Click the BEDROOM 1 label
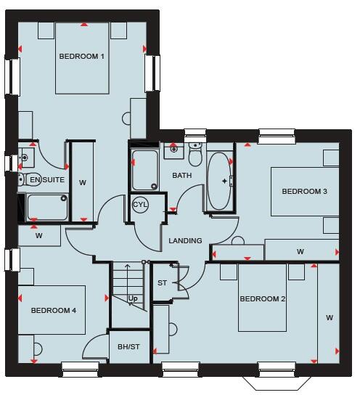pyautogui.click(x=83, y=56)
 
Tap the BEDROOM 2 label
pyautogui.click(x=262, y=298)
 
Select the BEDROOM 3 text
pyautogui.click(x=304, y=192)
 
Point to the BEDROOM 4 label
pyautogui.click(x=53, y=310)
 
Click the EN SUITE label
pyautogui.click(x=46, y=179)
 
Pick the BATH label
pyautogui.click(x=181, y=176)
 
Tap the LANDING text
pyautogui.click(x=185, y=241)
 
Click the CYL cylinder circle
pyautogui.click(x=140, y=205)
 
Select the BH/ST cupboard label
pyautogui.click(x=128, y=347)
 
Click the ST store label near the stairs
pyautogui.click(x=161, y=282)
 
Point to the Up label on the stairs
pyautogui.click(x=133, y=298)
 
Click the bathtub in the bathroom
pyautogui.click(x=219, y=181)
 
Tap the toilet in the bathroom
pyautogui.click(x=195, y=155)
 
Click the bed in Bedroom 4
pyautogui.click(x=52, y=310)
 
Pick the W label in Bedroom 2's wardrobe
pyautogui.click(x=329, y=317)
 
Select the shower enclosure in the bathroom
pyautogui.click(x=144, y=169)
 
